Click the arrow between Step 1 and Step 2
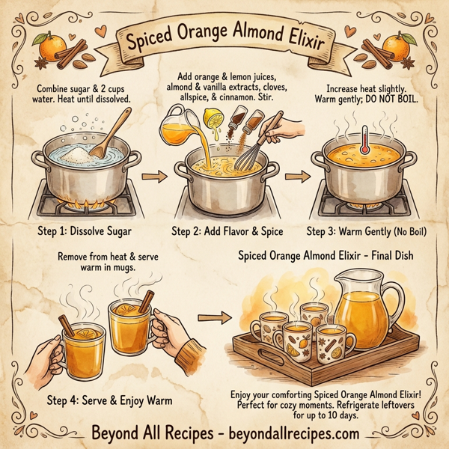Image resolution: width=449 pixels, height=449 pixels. (x=153, y=179)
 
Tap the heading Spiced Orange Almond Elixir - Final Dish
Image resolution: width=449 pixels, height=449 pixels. (x=328, y=255)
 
